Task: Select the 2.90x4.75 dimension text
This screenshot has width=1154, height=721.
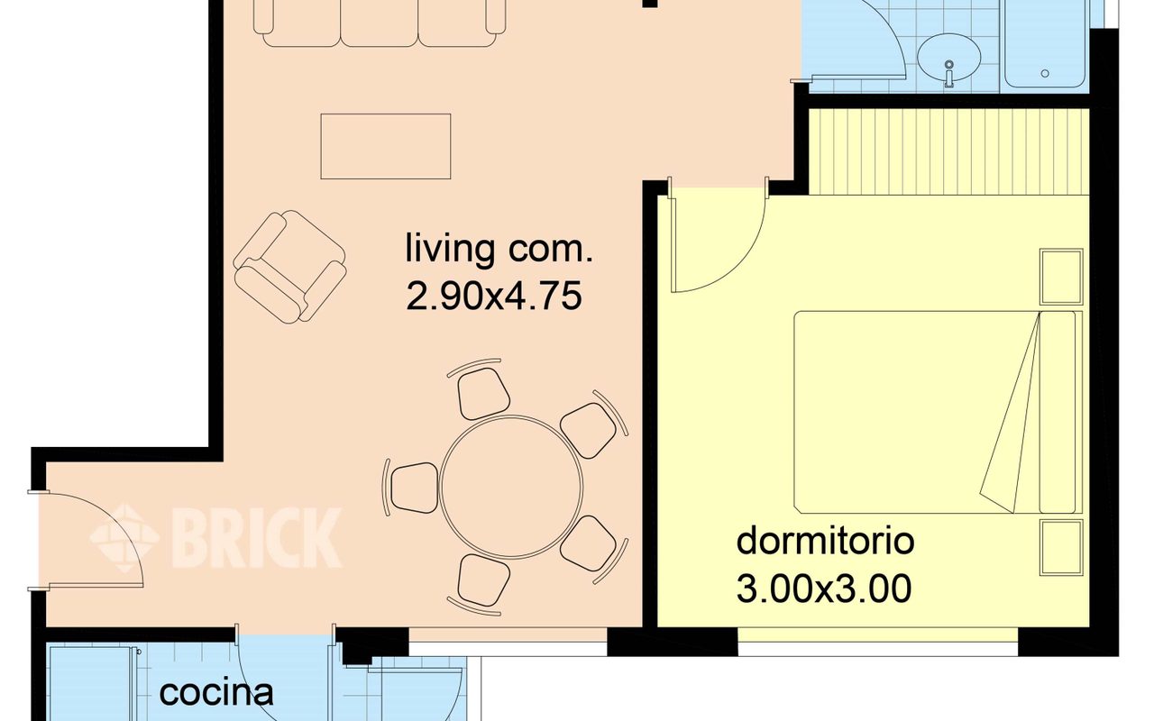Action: click(x=494, y=297)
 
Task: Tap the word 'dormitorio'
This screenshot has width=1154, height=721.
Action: click(x=825, y=541)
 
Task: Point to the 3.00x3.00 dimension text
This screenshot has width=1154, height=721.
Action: click(x=824, y=589)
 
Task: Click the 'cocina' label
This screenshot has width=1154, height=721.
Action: click(x=216, y=693)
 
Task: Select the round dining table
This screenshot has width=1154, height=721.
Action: click(x=511, y=487)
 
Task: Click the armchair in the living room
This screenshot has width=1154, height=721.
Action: click(x=289, y=267)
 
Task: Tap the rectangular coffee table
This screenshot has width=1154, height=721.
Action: click(x=386, y=147)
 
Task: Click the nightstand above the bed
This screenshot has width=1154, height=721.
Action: click(x=1061, y=277)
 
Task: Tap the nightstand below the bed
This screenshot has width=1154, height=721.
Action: click(x=1061, y=547)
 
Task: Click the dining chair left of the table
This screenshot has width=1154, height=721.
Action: click(x=412, y=488)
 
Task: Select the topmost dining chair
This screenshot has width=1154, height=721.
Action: click(x=481, y=391)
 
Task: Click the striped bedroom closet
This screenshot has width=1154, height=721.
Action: click(x=949, y=152)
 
